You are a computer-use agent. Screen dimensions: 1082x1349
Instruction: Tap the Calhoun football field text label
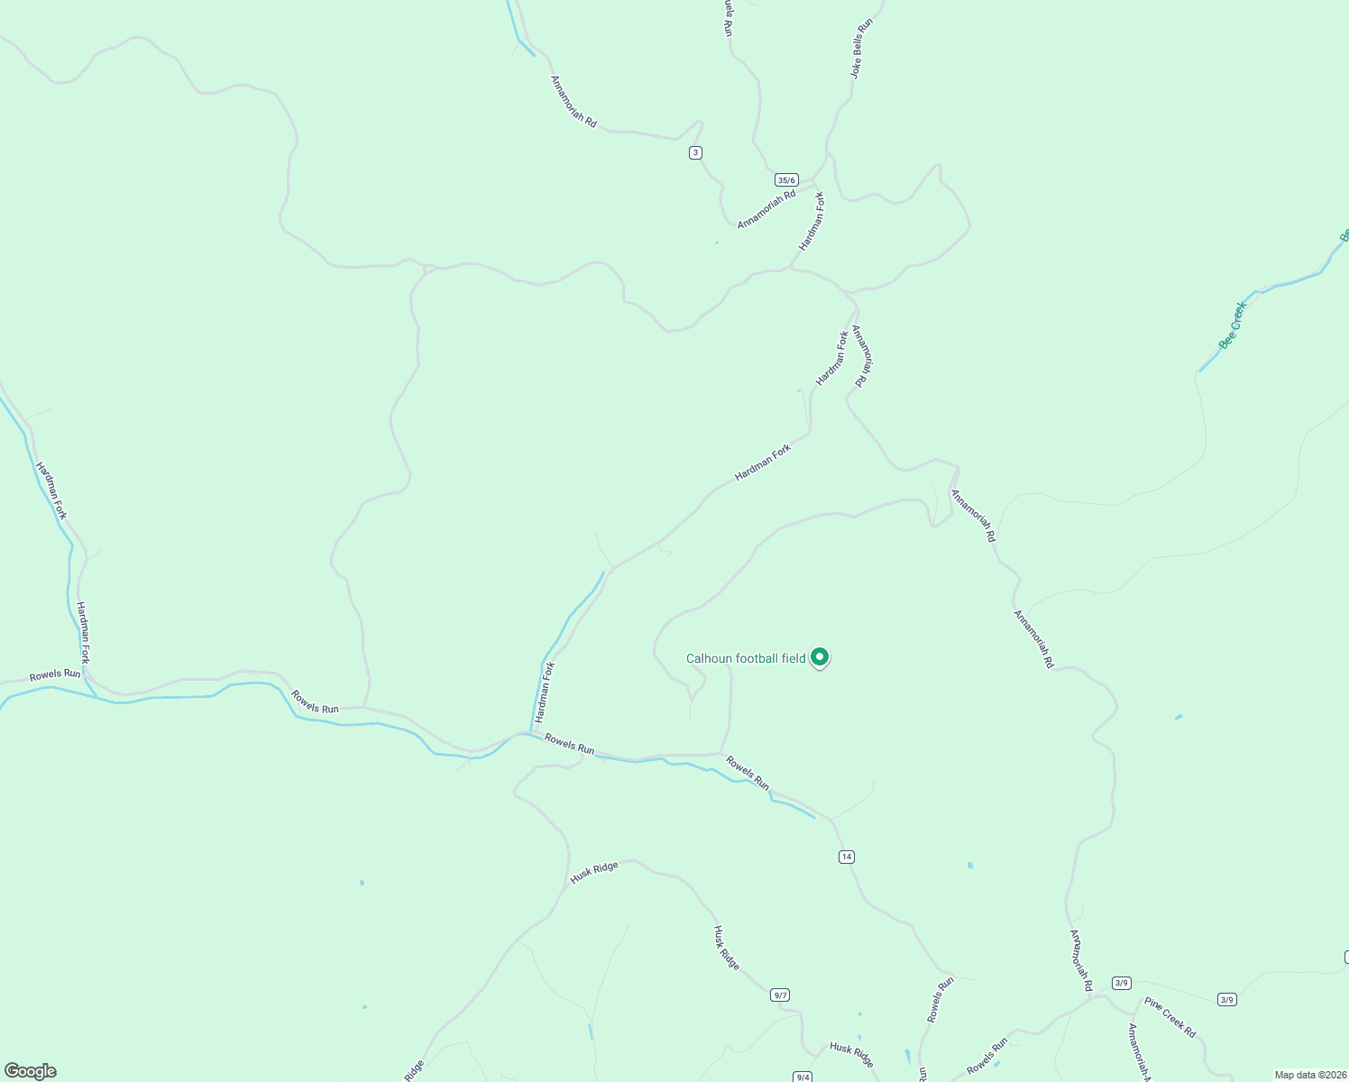(x=746, y=658)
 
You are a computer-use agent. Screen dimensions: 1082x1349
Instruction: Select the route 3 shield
(x=695, y=152)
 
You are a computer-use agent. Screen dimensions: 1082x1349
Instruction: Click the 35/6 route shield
(x=786, y=180)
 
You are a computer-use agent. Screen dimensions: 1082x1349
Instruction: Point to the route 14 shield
(x=846, y=857)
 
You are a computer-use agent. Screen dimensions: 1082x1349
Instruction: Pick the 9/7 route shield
(x=780, y=995)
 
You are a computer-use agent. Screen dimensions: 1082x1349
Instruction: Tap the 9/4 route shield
(x=803, y=1077)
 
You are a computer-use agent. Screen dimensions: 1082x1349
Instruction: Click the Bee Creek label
(x=1231, y=326)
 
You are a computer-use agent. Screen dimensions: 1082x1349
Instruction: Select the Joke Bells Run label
(x=863, y=48)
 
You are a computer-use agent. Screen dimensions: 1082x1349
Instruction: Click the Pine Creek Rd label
(x=1170, y=1017)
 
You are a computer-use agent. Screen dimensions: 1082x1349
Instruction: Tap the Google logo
(x=30, y=1071)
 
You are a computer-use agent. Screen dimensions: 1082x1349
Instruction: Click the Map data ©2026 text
(x=1308, y=1075)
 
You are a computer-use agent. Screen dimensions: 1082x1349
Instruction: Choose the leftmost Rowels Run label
(x=55, y=674)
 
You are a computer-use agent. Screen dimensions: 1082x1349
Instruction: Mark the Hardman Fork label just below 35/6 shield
(x=812, y=221)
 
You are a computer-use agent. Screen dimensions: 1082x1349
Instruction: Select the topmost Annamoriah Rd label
(x=574, y=101)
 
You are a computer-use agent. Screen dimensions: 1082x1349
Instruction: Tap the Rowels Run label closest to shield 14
(x=748, y=773)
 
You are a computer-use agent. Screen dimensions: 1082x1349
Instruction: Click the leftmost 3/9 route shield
(x=1122, y=983)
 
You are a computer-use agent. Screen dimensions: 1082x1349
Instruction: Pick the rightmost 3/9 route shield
(x=1226, y=999)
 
